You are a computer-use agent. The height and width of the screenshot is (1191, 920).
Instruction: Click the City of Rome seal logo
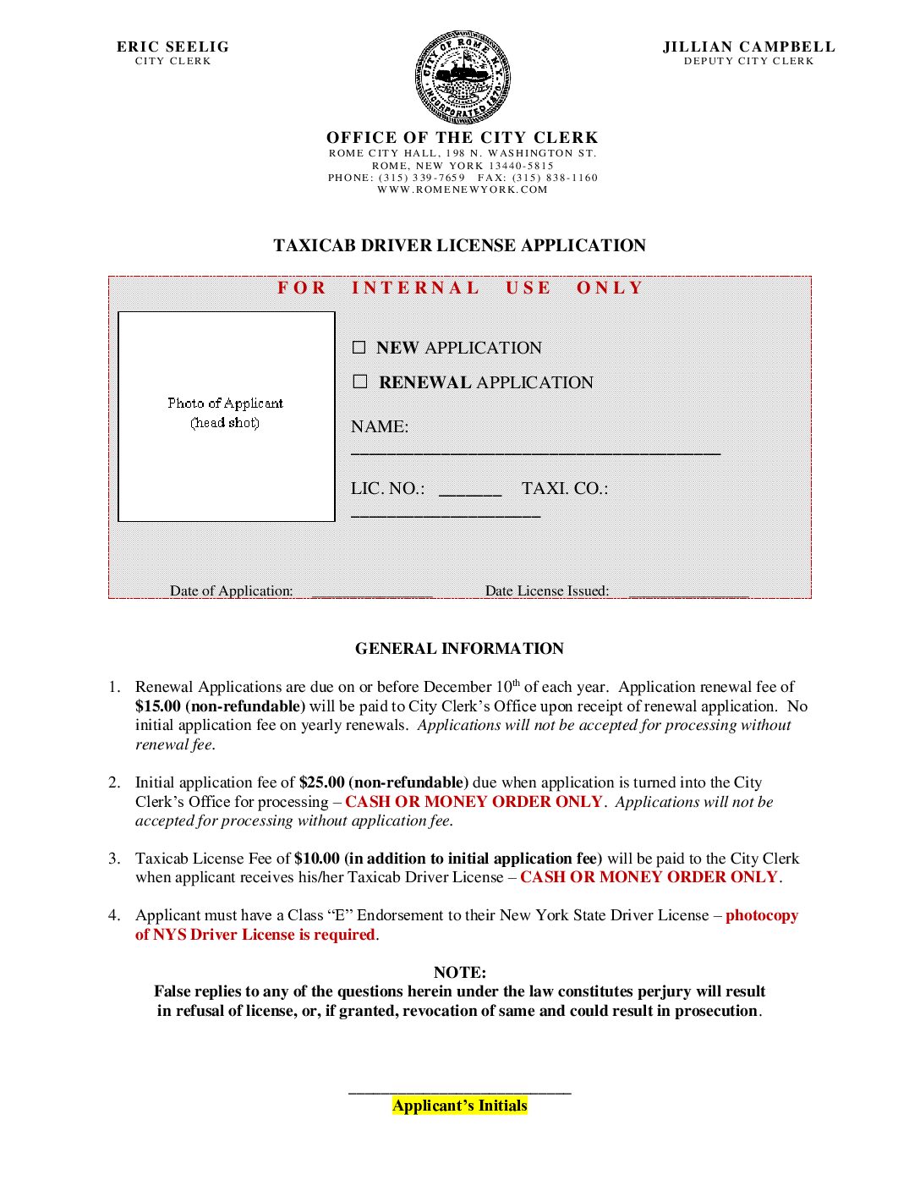tap(462, 78)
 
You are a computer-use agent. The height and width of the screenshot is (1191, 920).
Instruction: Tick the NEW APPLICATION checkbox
tap(359, 348)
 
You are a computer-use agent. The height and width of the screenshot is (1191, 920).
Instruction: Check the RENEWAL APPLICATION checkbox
tap(360, 381)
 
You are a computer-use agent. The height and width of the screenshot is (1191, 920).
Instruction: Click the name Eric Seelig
tap(172, 47)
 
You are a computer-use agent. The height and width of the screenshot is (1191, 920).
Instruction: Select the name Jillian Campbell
tap(748, 47)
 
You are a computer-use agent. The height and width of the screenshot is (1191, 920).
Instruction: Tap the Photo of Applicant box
tap(227, 416)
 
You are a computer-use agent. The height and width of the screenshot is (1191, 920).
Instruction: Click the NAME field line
tap(535, 452)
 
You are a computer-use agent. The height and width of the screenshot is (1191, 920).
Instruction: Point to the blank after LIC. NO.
tap(470, 492)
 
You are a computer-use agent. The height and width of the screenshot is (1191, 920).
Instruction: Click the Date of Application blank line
tap(372, 595)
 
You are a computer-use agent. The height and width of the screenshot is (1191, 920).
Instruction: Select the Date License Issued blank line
tap(688, 595)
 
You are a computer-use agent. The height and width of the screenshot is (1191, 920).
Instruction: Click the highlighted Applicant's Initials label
tap(460, 1106)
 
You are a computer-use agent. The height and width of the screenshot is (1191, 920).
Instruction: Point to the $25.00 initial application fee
tap(322, 782)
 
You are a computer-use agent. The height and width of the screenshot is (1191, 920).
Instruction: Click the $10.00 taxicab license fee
tap(317, 859)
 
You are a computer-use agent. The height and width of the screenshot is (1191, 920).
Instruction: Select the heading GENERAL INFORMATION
tap(459, 649)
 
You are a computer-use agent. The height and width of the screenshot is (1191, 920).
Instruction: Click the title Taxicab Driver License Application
tap(459, 245)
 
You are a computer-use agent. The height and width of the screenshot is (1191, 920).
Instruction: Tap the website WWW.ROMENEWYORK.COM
tap(463, 189)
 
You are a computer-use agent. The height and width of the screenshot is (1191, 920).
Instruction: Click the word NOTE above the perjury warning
tap(459, 973)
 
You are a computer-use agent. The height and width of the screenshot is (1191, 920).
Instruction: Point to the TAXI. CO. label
tap(565, 488)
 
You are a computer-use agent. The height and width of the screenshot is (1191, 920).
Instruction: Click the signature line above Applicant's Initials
tap(460, 1092)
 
